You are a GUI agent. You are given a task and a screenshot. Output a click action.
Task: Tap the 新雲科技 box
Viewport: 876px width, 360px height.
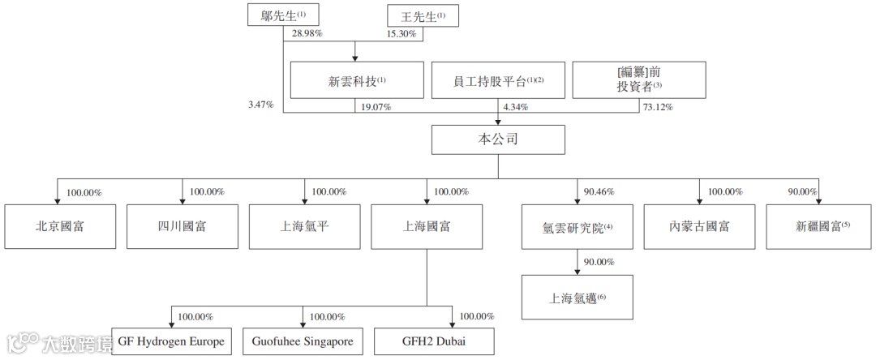(357, 81)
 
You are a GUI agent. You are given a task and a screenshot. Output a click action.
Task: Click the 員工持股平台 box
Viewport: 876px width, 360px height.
(497, 81)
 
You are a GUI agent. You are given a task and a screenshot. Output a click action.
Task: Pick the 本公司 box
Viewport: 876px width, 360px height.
(498, 139)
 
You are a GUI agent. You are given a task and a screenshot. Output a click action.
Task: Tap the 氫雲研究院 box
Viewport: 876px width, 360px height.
(577, 227)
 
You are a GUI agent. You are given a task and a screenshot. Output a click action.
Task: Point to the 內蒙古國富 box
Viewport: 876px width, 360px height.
(700, 226)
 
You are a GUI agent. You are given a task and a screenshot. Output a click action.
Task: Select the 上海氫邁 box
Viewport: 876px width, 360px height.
(577, 298)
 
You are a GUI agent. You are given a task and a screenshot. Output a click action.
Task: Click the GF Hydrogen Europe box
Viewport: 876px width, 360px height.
(171, 341)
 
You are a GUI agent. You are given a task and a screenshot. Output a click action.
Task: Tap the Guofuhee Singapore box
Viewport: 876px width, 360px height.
(302, 341)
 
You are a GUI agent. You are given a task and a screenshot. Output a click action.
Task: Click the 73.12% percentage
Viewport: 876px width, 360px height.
(657, 106)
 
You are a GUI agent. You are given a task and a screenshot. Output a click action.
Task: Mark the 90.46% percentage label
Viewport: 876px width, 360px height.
(599, 192)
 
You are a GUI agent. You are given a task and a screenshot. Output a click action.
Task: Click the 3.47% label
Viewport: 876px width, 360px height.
(261, 106)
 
